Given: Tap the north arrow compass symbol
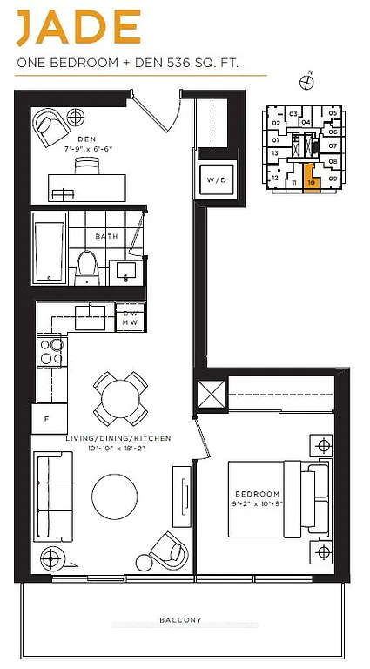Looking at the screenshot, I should (306, 82).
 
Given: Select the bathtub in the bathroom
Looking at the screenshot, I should (50, 252).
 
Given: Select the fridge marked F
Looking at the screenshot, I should (49, 419).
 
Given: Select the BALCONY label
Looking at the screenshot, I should (181, 620).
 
